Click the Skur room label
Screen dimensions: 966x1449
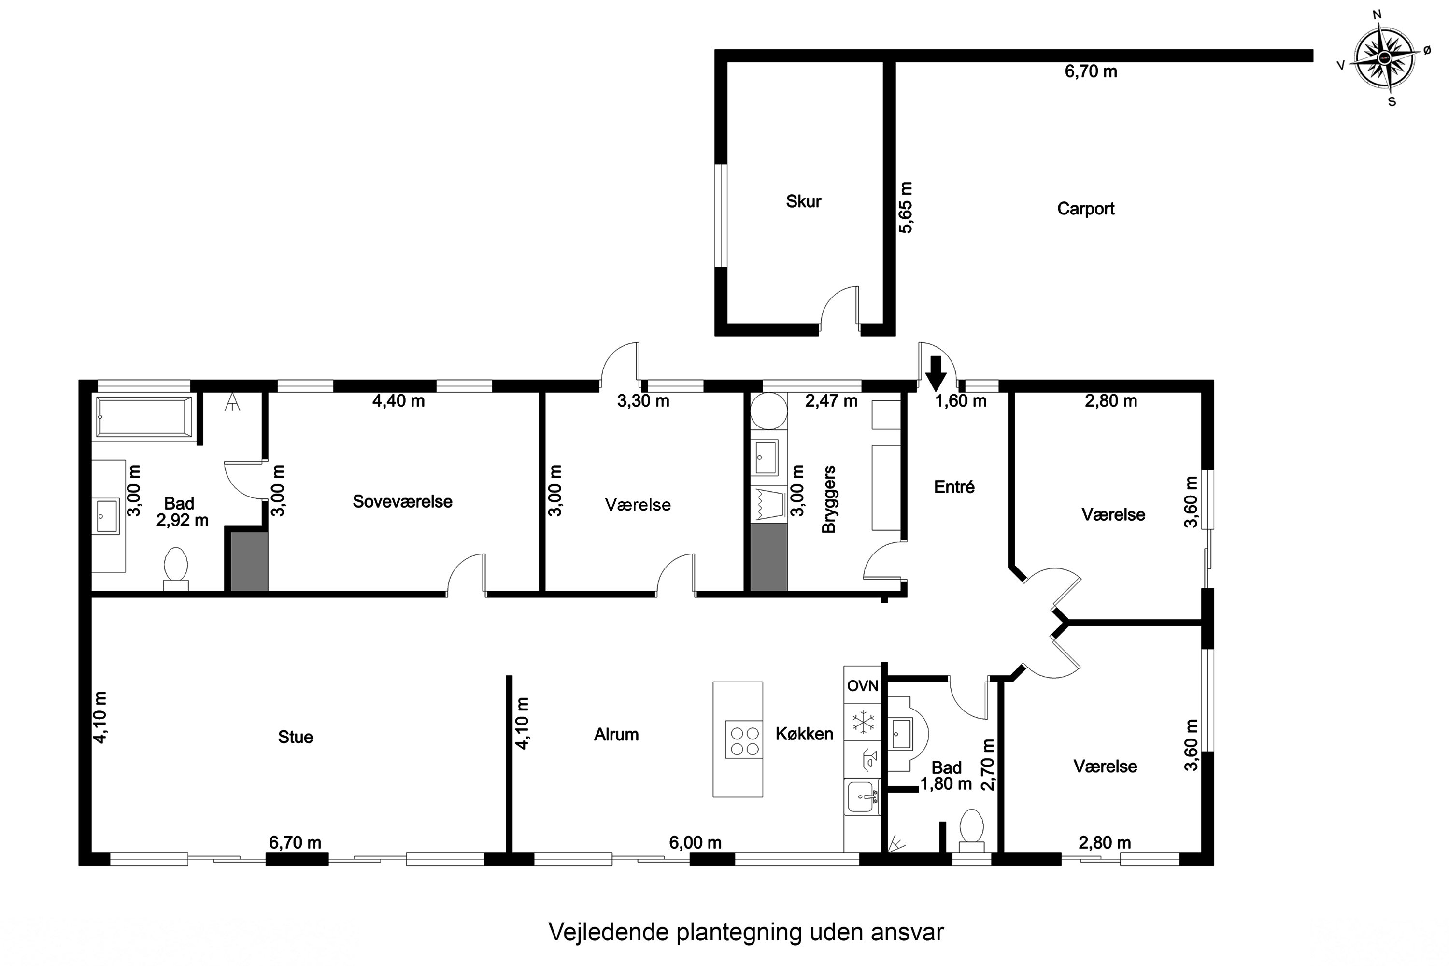tap(803, 201)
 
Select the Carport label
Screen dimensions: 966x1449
tap(1085, 209)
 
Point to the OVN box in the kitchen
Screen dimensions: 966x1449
tap(863, 686)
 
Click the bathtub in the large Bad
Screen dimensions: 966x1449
tap(144, 417)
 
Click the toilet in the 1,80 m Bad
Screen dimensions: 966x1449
tap(971, 827)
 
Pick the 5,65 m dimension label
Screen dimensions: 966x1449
tap(906, 208)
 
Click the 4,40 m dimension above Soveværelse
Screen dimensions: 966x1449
tap(398, 401)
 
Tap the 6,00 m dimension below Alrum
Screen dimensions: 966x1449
tap(695, 842)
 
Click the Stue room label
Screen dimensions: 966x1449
tap(295, 737)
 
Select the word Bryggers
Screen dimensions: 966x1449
tap(829, 499)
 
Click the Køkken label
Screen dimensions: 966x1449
tap(804, 734)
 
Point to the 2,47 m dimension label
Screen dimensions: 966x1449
tap(831, 401)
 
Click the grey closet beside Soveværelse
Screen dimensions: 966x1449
tap(250, 562)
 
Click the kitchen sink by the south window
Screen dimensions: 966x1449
tap(861, 798)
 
